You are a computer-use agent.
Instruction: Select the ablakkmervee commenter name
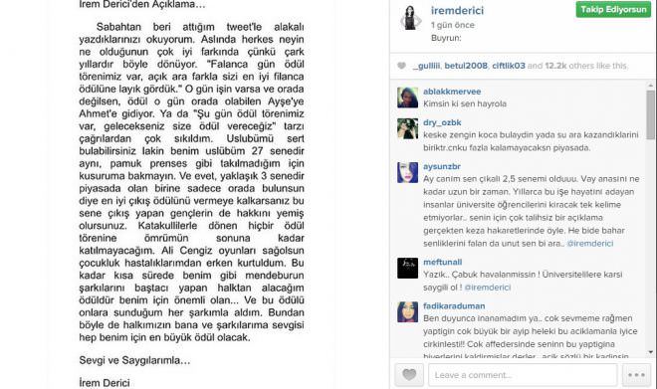(454, 89)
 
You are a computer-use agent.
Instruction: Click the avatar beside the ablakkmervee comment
(409, 97)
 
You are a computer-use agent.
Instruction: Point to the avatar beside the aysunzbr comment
(409, 172)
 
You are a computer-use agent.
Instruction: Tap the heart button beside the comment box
(409, 374)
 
